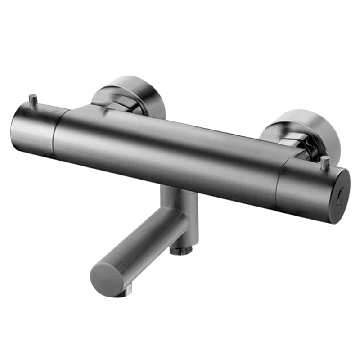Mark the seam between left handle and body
pyautogui.click(x=55, y=135)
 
